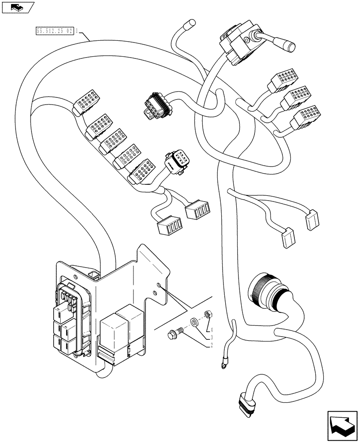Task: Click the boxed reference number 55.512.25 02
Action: coord(54,31)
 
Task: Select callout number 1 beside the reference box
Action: coord(78,31)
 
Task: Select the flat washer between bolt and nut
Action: coord(194,322)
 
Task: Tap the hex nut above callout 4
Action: coord(206,315)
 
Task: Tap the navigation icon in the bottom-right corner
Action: coord(341,426)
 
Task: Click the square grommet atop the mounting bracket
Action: coord(94,276)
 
